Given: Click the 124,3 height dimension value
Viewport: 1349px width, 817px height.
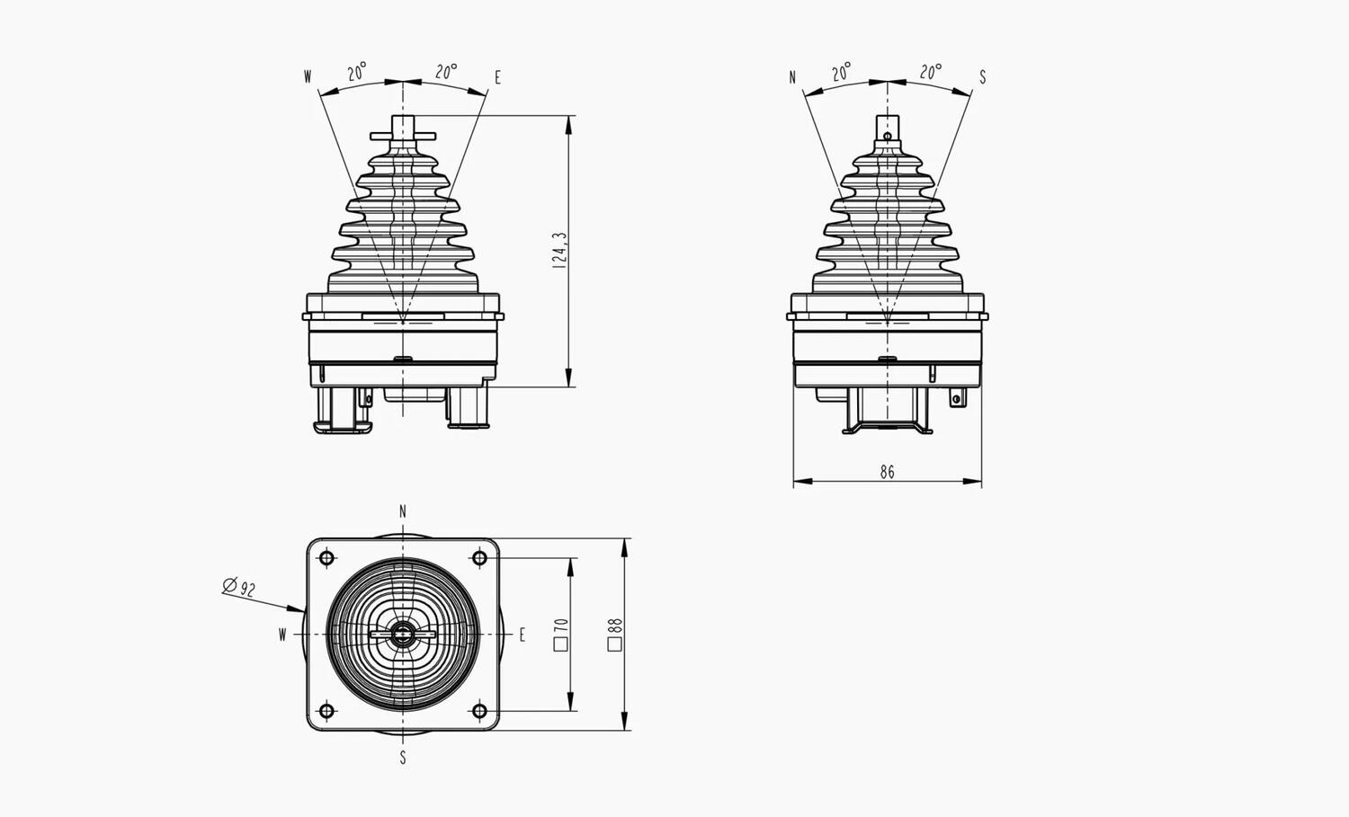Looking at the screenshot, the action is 559,250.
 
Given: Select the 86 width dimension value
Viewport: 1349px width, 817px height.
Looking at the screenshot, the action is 887,472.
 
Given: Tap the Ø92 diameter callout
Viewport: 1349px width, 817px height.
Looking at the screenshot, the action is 239,587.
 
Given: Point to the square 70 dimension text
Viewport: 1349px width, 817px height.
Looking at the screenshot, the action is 560,634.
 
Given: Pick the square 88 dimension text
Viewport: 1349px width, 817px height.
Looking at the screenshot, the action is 615,634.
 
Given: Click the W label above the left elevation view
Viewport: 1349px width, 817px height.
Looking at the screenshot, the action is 308,77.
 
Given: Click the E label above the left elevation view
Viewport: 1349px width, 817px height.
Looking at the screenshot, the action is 497,77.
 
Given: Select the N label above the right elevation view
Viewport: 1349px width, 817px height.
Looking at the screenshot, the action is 792,77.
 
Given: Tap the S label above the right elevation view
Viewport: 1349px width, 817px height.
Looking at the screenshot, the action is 982,77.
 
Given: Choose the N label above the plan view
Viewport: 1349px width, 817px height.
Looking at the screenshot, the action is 403,511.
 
